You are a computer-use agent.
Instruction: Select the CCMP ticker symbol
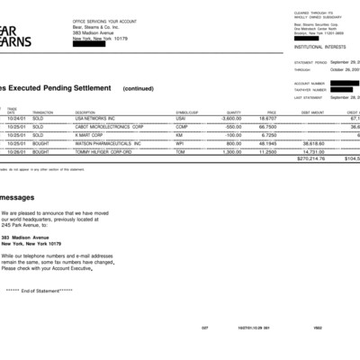coord(180,127)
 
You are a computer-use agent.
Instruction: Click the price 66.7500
coord(267,127)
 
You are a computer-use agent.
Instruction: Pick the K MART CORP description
coord(88,135)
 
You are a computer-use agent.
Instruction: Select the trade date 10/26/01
coord(17,152)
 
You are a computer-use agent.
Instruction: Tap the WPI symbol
coord(179,143)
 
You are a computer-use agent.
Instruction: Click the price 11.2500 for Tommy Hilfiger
coord(267,152)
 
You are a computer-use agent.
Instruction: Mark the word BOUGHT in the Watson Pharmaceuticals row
coord(40,143)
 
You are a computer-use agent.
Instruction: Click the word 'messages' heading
coord(17,196)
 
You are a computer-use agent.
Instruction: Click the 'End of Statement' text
coord(39,290)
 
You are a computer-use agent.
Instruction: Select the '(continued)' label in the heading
coord(138,88)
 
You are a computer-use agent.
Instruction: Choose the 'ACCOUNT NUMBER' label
coord(308,83)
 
